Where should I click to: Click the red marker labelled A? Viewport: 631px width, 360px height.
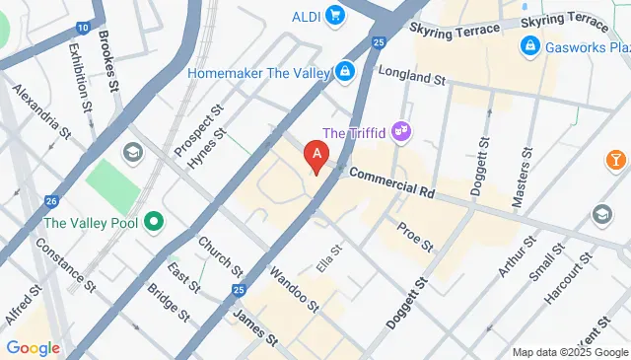(x=315, y=156)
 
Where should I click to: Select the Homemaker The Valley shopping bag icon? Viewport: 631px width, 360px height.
(x=344, y=71)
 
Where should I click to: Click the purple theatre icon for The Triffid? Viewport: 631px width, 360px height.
(x=400, y=130)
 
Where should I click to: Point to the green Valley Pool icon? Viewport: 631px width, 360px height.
(x=153, y=222)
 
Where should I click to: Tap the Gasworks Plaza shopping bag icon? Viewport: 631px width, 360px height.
(x=530, y=46)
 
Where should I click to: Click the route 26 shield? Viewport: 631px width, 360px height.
(x=50, y=201)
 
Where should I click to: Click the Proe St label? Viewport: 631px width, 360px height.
(x=415, y=236)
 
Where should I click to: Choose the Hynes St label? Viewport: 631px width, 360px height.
(x=207, y=149)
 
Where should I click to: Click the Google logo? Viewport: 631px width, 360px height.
(x=33, y=347)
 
